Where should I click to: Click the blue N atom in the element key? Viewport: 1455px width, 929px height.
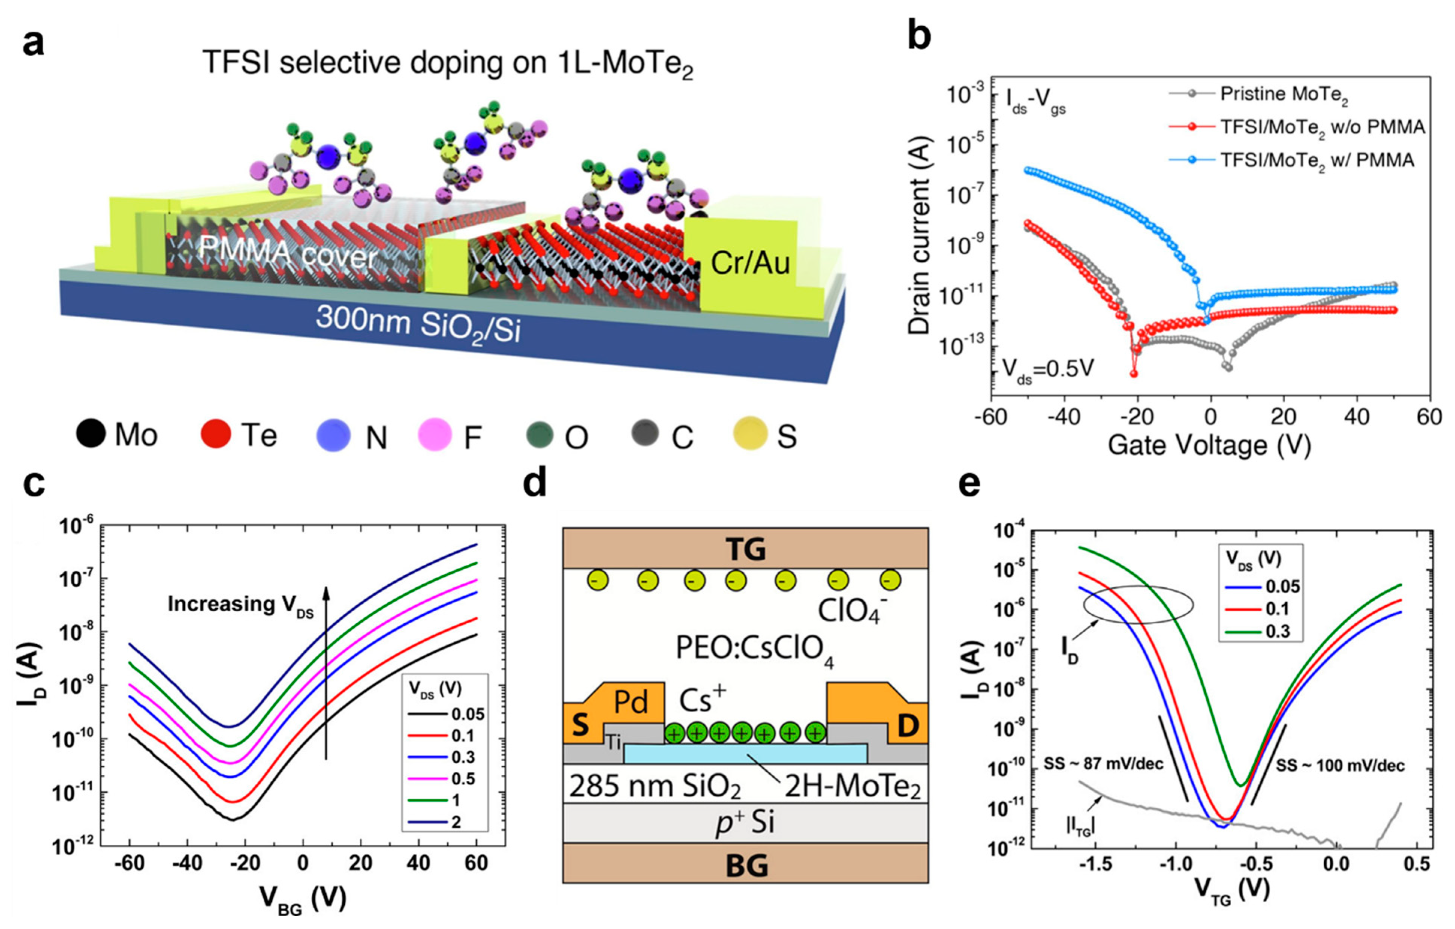click(333, 434)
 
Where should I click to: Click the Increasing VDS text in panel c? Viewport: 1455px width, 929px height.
click(240, 605)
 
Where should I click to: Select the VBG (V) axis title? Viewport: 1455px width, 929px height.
click(303, 899)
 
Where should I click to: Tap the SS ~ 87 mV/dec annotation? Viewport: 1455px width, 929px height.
click(1103, 765)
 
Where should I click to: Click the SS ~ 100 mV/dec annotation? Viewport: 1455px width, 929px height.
click(1340, 766)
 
